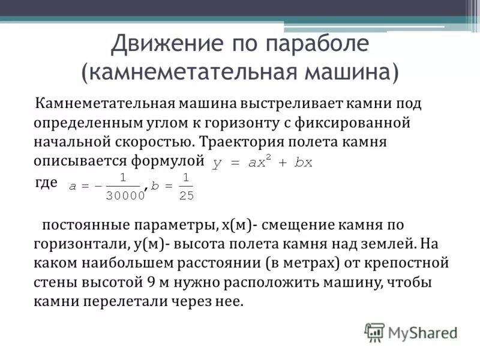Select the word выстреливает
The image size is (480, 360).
(x=283, y=103)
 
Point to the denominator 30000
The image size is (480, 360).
(x=125, y=194)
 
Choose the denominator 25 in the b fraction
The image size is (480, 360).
(x=186, y=194)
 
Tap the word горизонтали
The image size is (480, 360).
(x=78, y=245)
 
